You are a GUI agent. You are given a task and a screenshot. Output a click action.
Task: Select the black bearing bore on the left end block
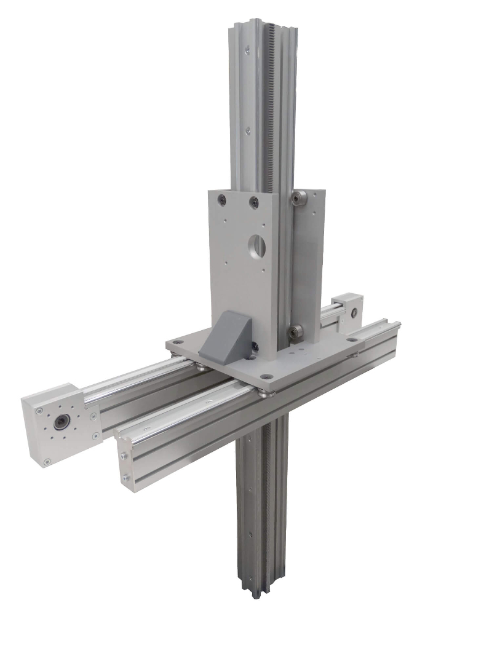(61, 423)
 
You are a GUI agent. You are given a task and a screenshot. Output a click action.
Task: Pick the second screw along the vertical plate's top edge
(253, 200)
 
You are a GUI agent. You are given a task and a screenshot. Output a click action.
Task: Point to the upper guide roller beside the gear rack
(300, 198)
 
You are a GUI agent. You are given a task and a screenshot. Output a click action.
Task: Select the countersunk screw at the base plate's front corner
(265, 376)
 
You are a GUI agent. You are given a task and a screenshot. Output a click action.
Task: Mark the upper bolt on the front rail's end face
(125, 456)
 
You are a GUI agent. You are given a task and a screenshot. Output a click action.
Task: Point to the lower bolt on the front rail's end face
(127, 477)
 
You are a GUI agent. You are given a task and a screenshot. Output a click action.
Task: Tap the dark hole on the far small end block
(354, 311)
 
